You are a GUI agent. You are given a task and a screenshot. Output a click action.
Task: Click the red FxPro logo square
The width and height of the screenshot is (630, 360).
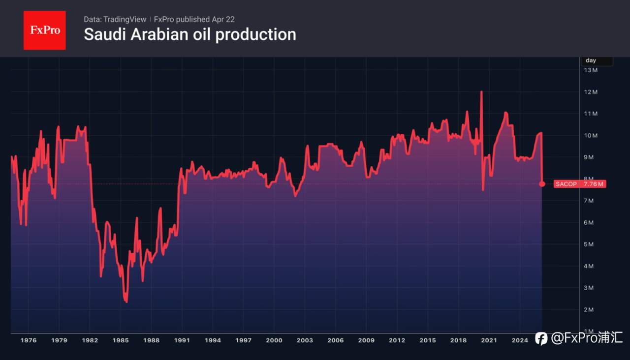coord(44,30)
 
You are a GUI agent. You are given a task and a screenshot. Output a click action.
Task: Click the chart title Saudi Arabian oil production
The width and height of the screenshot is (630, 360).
coord(190,34)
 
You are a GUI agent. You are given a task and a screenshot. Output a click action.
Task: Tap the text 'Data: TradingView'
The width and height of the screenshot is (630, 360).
coord(115,19)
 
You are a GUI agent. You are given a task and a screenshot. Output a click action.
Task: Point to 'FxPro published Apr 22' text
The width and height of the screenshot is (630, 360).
coord(194,19)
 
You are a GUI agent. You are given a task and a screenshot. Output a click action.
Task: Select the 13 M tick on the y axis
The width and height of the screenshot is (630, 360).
coord(591,70)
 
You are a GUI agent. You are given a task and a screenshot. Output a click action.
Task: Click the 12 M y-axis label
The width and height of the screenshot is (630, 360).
coord(591,92)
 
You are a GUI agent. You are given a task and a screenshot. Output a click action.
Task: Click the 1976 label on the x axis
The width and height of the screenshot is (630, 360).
coord(29,340)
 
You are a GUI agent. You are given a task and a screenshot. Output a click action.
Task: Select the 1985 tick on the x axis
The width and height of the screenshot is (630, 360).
coord(121,340)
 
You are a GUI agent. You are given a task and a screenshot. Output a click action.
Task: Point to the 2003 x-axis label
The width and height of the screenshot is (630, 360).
coord(305,340)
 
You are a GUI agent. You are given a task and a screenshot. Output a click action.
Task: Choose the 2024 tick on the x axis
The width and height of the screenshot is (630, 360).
coord(520,340)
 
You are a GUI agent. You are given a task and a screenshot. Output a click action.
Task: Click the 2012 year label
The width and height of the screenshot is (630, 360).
coord(397,340)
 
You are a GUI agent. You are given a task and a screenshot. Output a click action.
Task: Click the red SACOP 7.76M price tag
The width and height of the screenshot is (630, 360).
coord(580,184)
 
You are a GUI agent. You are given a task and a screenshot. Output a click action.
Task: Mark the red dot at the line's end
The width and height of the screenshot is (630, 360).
coord(542,184)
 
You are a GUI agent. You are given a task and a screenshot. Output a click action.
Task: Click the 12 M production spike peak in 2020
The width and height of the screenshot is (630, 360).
coord(481,92)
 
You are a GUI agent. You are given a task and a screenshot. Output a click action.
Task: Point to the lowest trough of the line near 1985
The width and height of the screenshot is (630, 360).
coord(126,301)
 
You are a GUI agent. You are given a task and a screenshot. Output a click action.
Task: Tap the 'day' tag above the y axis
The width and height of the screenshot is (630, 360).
coord(591,60)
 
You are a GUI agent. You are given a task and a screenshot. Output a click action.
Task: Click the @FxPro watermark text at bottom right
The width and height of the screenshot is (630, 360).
coord(586,338)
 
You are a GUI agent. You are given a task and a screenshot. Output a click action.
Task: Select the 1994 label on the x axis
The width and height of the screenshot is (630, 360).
coord(213,340)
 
